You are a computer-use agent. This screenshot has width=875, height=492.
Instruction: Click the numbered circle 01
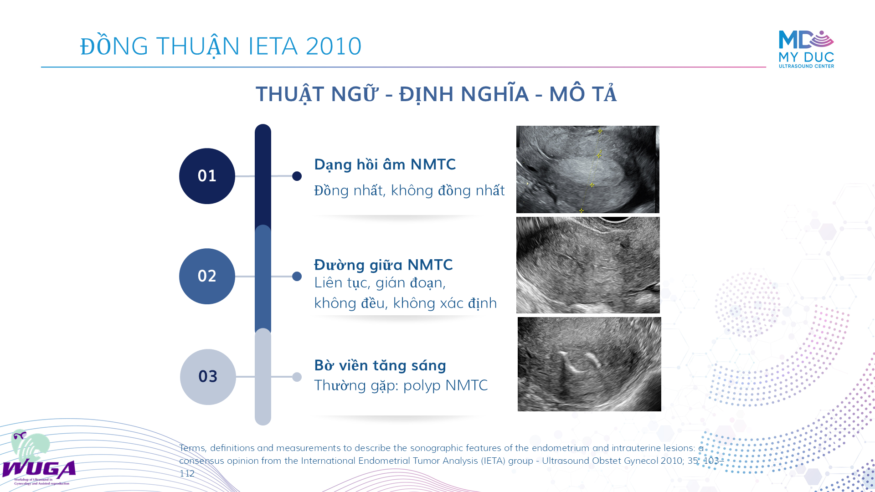pyautogui.click(x=207, y=176)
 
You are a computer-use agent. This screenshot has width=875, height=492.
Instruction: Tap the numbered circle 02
pyautogui.click(x=207, y=276)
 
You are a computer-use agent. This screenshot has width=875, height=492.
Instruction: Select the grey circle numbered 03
pyautogui.click(x=208, y=377)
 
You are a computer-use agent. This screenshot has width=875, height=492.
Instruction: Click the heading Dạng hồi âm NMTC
pyautogui.click(x=385, y=164)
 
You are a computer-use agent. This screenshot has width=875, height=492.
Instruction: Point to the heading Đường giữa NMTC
pyautogui.click(x=383, y=265)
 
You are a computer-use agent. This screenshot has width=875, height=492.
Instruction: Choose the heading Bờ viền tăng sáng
pyautogui.click(x=380, y=365)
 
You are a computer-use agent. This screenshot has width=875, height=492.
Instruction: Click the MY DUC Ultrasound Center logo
pyautogui.click(x=806, y=49)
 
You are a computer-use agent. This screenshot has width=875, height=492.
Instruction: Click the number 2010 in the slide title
pyautogui.click(x=334, y=46)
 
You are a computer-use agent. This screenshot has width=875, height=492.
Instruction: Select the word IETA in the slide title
pyautogui.click(x=273, y=46)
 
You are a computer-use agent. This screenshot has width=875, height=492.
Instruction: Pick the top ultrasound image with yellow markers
pyautogui.click(x=588, y=169)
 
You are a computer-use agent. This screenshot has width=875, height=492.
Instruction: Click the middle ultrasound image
pyautogui.click(x=588, y=265)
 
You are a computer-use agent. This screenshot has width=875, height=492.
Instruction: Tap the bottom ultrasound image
pyautogui.click(x=589, y=364)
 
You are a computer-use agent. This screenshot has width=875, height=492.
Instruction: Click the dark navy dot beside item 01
pyautogui.click(x=297, y=176)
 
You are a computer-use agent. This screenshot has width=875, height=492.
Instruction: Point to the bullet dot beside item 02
pyautogui.click(x=297, y=276)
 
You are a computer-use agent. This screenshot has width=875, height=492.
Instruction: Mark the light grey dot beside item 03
pyautogui.click(x=297, y=377)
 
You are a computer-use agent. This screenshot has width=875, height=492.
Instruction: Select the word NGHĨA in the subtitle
pyautogui.click(x=495, y=94)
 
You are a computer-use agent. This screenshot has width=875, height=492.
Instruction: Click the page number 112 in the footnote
pyautogui.click(x=187, y=473)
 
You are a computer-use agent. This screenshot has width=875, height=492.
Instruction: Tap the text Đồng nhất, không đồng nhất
pyautogui.click(x=409, y=190)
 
